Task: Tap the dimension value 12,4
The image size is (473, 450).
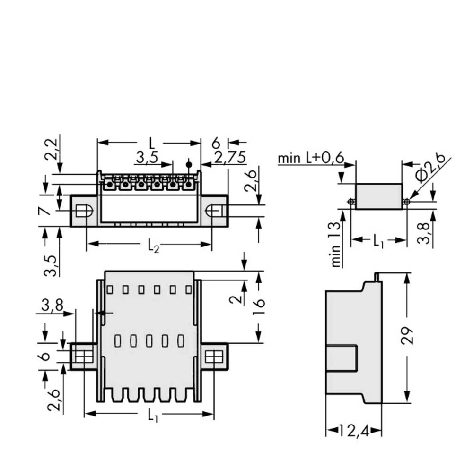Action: click(x=354, y=430)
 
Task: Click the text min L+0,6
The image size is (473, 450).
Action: click(x=311, y=158)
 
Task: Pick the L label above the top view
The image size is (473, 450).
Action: click(x=151, y=142)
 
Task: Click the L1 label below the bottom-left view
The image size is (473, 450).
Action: click(x=152, y=415)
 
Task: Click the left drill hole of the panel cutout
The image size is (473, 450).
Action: click(x=350, y=202)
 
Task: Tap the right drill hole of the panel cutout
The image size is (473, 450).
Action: click(x=406, y=202)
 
